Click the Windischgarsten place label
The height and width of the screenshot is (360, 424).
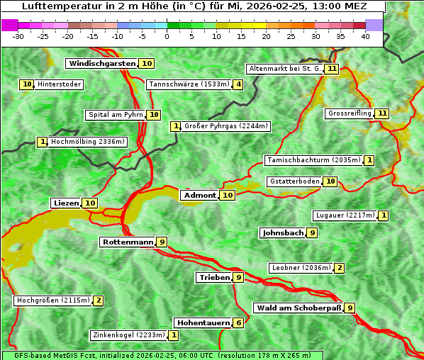(102, 64)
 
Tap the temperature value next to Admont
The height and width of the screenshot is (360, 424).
(228, 196)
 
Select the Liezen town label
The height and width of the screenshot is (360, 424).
(66, 203)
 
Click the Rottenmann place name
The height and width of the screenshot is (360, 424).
(128, 242)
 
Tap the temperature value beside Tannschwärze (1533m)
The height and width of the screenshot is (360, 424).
(238, 85)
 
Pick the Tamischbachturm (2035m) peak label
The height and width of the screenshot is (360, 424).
(313, 160)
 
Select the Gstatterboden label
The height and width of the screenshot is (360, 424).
(294, 181)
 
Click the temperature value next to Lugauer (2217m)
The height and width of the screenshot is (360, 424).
(384, 215)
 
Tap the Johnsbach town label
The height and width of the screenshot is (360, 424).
(283, 233)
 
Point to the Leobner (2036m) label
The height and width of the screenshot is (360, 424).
(301, 268)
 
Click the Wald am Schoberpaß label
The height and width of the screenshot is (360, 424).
(298, 308)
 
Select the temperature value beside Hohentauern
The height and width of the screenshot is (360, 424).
(239, 323)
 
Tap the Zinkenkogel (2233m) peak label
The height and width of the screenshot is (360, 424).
(128, 335)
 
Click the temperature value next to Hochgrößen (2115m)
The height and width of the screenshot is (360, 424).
(99, 300)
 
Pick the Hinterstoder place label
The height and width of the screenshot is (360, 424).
(59, 84)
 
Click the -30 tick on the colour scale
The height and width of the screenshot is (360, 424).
(18, 36)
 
